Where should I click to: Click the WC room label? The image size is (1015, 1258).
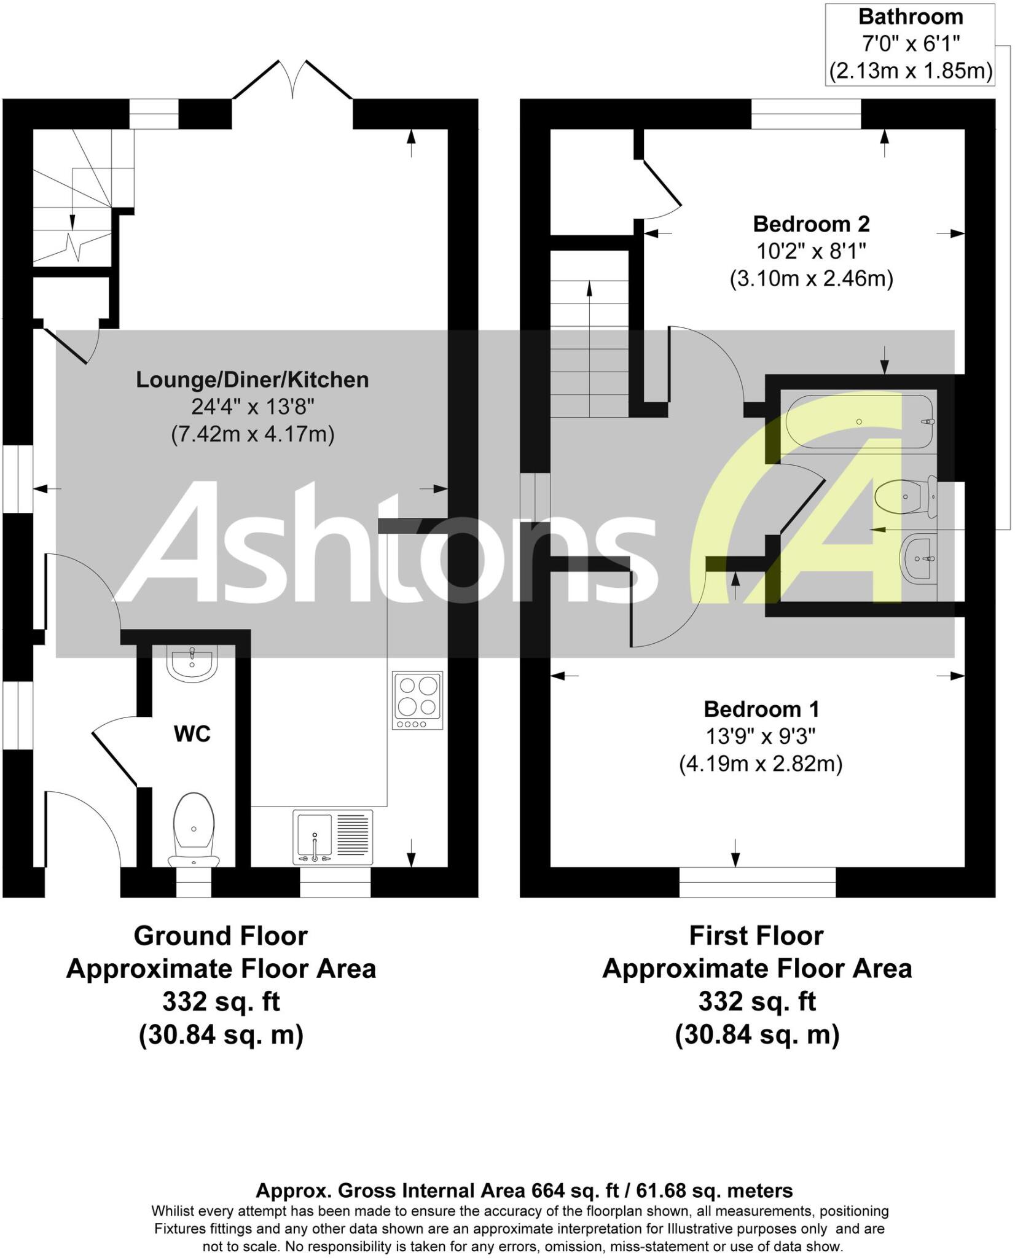192,734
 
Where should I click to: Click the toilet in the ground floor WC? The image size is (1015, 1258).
194,829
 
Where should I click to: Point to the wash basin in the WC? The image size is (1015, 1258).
192,664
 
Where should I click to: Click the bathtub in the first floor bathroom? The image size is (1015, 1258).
860,421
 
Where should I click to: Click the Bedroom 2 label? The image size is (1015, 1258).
811,224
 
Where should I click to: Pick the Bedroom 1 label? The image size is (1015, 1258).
761,709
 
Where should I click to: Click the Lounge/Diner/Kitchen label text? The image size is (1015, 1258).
252,380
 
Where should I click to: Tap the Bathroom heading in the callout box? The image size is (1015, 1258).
911,17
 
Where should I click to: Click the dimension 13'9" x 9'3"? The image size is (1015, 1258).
761,736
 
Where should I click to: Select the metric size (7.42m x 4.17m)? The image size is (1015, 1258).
252,434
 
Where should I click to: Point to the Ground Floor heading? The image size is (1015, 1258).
221,936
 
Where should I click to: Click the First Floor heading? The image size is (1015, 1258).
756,936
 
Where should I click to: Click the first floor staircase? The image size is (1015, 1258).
589,347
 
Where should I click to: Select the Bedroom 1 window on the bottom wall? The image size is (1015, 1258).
757,882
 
